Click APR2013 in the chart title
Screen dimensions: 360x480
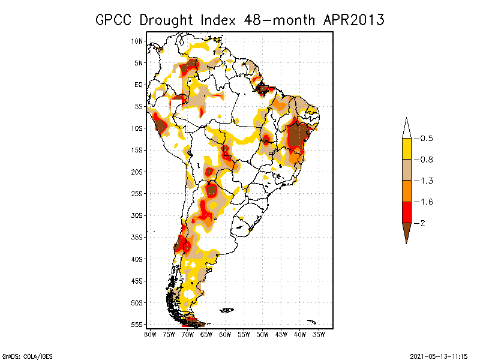click(353, 20)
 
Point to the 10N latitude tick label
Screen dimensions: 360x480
click(137, 41)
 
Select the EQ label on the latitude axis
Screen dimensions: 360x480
click(139, 85)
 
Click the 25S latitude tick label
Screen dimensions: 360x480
click(137, 194)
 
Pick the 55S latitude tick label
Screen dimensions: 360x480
click(137, 325)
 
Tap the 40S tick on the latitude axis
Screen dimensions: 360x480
click(137, 259)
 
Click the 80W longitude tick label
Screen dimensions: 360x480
click(150, 334)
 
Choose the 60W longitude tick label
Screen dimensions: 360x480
click(225, 334)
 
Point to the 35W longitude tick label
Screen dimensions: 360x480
click(319, 334)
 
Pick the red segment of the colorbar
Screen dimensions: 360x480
click(406, 212)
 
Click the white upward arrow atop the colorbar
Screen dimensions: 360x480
click(406, 128)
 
